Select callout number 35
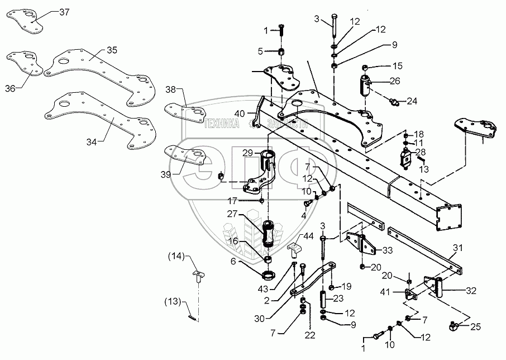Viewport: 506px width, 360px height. coord(112,51)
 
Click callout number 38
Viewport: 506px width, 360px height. coord(170,89)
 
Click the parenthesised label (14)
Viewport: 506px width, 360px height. coord(176,257)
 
